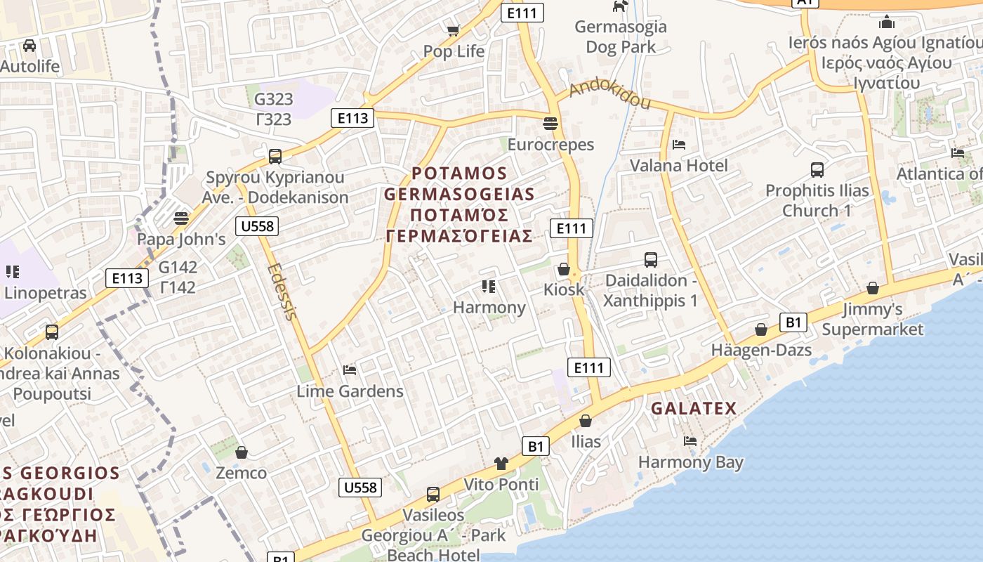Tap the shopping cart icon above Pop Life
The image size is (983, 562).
[453, 30]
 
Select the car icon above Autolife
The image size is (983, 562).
[29, 46]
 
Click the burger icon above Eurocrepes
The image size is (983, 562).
[550, 124]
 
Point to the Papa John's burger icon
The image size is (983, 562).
[181, 218]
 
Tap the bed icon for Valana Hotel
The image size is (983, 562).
[678, 145]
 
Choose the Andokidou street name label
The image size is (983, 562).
[609, 95]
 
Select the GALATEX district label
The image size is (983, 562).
[693, 408]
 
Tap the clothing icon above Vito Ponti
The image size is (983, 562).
[501, 463]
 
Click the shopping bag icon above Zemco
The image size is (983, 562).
[241, 452]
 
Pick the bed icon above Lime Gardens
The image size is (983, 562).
[349, 370]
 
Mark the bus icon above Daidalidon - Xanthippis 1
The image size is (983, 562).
[651, 259]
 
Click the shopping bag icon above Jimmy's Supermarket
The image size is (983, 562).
[872, 288]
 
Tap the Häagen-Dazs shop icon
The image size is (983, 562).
[760, 329]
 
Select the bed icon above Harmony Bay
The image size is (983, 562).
[690, 441]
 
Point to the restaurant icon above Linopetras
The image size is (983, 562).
[12, 271]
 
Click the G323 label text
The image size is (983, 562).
[273, 99]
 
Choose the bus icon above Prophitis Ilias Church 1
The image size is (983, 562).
[817, 169]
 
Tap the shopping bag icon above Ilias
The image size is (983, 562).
[585, 420]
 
